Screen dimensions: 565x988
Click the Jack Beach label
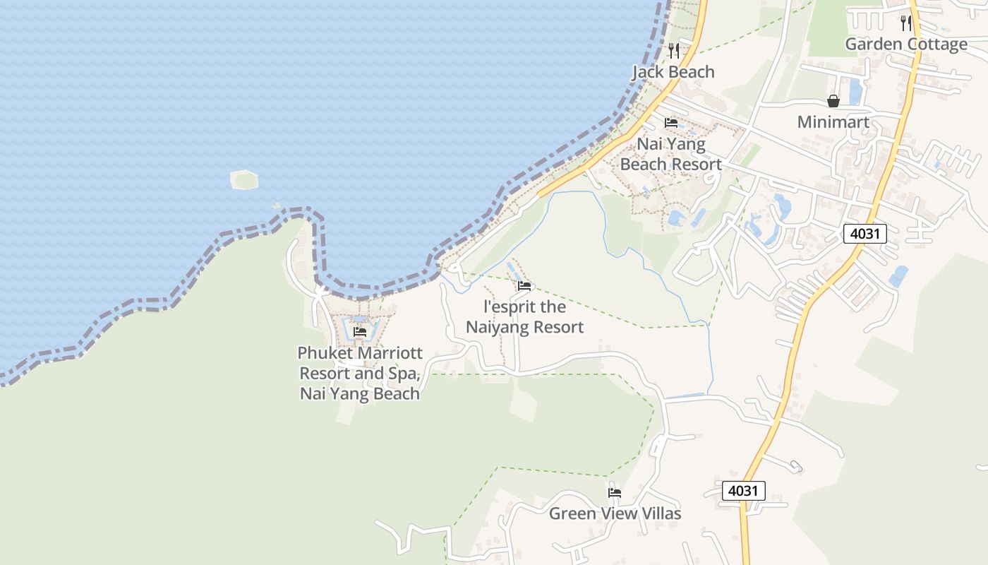(x=673, y=72)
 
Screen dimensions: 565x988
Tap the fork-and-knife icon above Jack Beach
(x=674, y=50)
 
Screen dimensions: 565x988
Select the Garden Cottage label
(x=906, y=44)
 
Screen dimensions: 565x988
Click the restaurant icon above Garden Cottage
(x=906, y=23)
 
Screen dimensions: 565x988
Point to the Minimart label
(x=833, y=122)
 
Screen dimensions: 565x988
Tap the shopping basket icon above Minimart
(x=833, y=102)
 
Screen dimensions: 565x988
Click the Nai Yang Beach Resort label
(x=670, y=155)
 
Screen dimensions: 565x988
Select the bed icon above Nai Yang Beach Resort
(x=671, y=123)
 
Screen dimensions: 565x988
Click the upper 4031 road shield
(x=864, y=234)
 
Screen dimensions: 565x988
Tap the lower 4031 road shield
(x=743, y=491)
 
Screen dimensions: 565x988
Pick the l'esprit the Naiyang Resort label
(x=524, y=317)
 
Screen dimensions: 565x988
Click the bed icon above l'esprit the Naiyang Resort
(x=524, y=286)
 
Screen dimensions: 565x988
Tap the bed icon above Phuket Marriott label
(x=360, y=332)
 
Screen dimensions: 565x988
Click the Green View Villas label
(x=615, y=513)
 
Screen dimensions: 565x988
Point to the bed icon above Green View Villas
(x=615, y=493)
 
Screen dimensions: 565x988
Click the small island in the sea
(x=244, y=180)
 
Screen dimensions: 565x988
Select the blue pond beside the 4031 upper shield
(x=898, y=276)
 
